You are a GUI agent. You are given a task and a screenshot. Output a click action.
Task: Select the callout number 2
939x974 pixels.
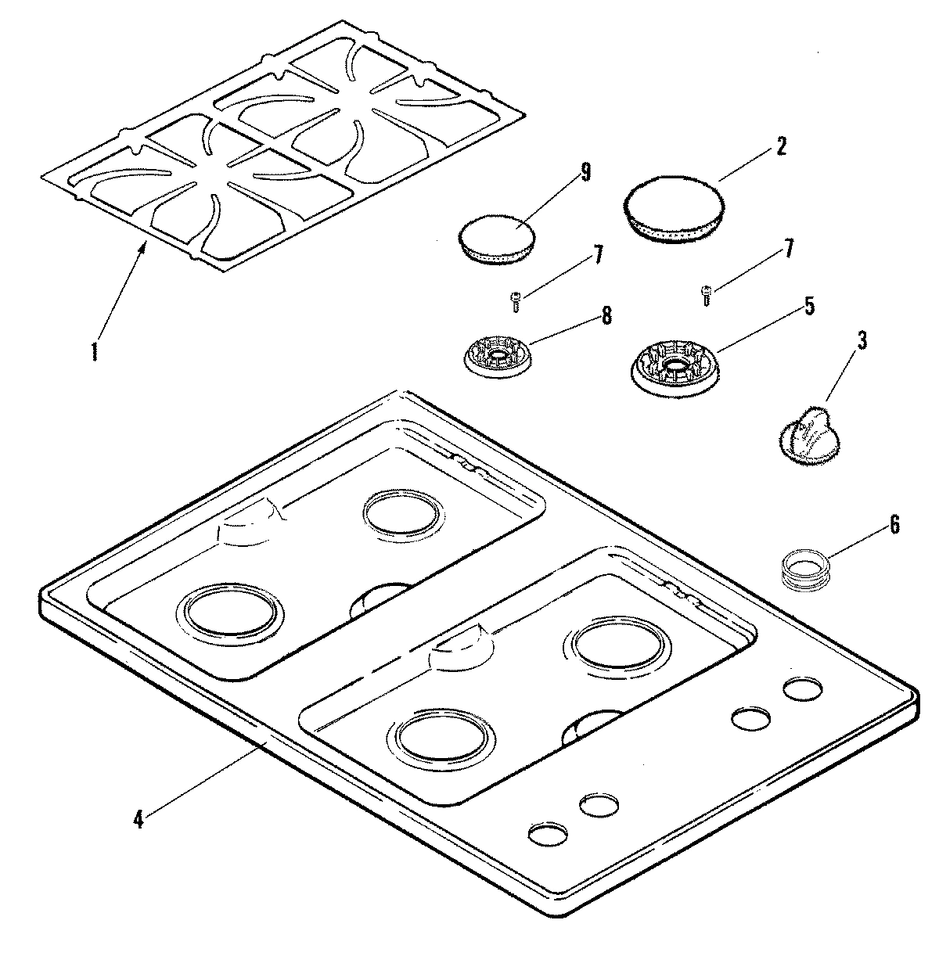tap(780, 146)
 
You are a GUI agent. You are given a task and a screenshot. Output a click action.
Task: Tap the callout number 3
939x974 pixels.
tap(862, 340)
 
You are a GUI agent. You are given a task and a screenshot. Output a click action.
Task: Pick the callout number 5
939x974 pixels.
tap(809, 305)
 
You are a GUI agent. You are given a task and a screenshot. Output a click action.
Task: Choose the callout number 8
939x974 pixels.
tap(606, 316)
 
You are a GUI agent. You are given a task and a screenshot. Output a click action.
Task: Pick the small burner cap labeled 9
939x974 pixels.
tap(496, 238)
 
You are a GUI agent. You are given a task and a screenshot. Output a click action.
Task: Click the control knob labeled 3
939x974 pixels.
tap(806, 434)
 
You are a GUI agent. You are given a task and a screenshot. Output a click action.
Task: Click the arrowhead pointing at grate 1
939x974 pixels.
tap(143, 247)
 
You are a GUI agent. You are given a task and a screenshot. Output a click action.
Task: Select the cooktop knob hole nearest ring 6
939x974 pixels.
tap(803, 689)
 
